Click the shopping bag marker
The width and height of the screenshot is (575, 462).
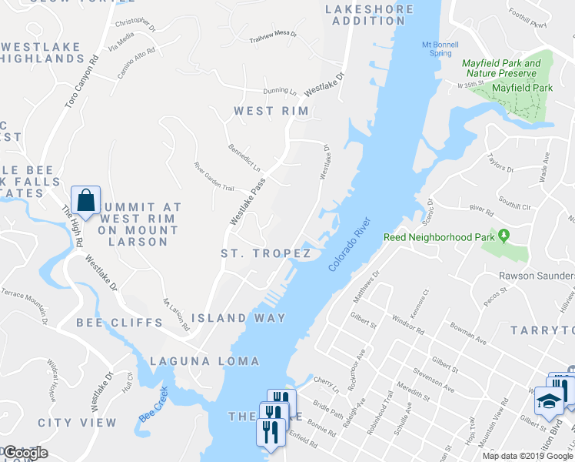[86, 199]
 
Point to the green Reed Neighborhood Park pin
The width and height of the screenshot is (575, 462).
[504, 234]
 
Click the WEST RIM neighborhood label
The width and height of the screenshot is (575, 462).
[271, 112]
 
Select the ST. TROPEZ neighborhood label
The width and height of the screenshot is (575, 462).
[265, 253]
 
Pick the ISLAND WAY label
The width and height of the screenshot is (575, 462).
[238, 318]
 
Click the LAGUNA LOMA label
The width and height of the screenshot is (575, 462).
[204, 361]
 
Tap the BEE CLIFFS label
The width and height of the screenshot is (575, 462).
[119, 323]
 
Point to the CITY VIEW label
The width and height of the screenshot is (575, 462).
[78, 423]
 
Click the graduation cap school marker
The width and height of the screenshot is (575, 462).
[548, 401]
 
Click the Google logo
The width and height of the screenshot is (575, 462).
[25, 453]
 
